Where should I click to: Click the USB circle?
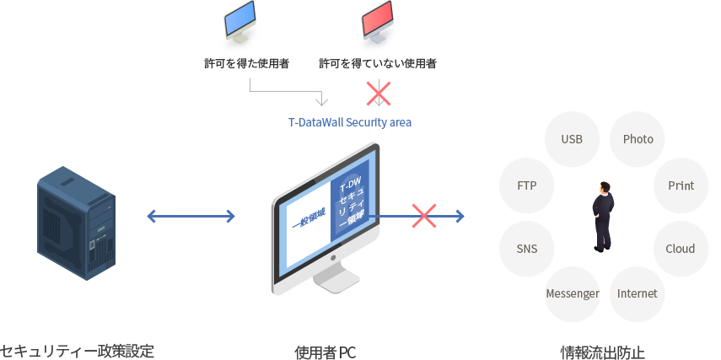click(573, 139)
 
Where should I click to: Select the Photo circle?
click(638, 139)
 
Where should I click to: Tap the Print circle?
click(681, 185)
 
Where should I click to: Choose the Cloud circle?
click(681, 249)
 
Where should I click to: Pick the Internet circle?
click(638, 293)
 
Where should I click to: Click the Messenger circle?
click(573, 293)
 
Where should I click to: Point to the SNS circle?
click(526, 249)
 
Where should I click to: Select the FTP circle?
click(526, 185)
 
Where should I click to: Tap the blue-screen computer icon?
click(239, 23)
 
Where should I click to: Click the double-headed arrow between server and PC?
click(191, 217)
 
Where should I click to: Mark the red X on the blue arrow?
click(423, 216)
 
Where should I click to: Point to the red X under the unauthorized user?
click(378, 93)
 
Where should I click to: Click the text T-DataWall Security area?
click(350, 122)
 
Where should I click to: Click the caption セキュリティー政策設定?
click(78, 350)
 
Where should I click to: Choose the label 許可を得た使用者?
click(247, 63)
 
